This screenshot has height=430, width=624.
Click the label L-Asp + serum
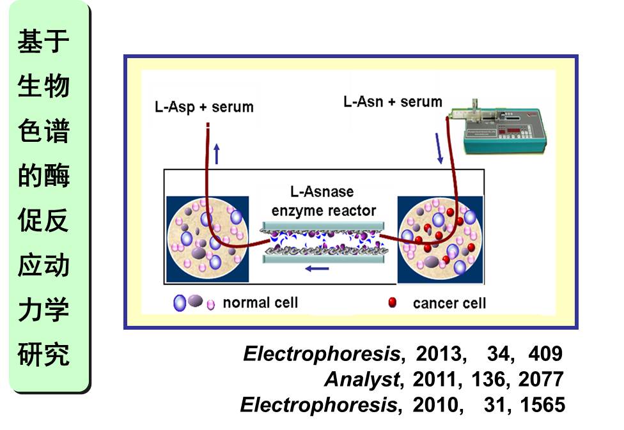204,107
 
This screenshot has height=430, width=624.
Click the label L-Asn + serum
393,102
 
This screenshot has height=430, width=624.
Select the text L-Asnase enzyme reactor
324,201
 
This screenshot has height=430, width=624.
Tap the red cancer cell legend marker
393,302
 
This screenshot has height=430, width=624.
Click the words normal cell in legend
260,302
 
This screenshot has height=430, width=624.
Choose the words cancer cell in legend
449,303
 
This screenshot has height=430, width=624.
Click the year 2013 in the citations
438,353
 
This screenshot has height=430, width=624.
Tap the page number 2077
541,380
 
